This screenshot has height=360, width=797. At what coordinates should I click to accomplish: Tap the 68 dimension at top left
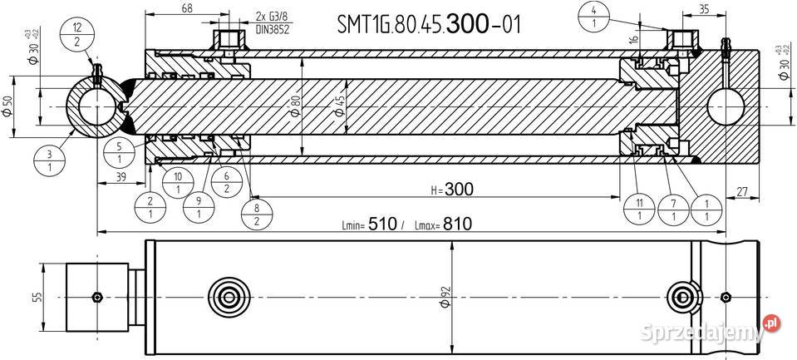(x=187, y=9)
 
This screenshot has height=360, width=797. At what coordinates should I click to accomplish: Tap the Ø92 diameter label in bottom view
(x=446, y=296)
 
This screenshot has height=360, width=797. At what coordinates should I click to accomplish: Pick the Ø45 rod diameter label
(x=339, y=108)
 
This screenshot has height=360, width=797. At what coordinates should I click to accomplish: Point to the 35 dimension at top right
(x=681, y=9)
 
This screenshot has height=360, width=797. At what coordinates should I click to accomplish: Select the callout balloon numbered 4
(x=594, y=16)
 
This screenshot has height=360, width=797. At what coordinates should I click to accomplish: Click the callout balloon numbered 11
(x=637, y=209)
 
